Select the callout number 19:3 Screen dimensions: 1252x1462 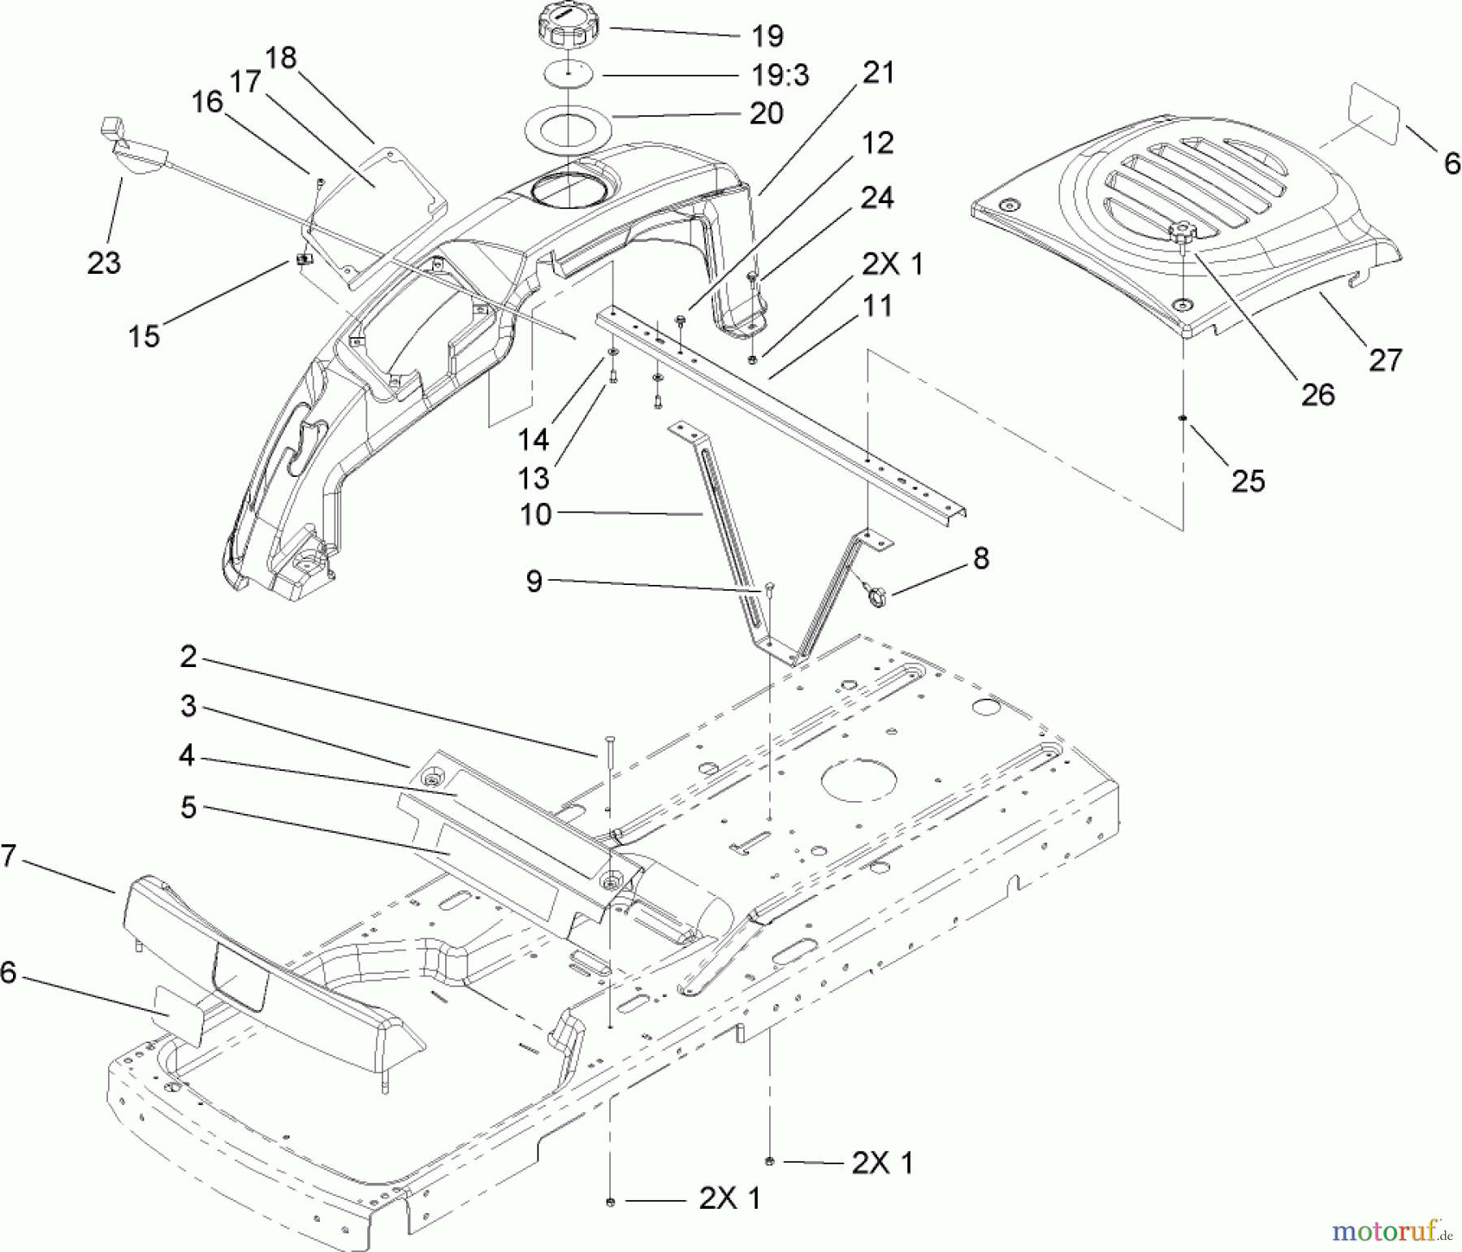[x=781, y=76]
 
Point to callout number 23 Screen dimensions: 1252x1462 [x=104, y=262]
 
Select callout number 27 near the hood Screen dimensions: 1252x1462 [x=1385, y=359]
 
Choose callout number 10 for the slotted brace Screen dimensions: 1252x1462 [x=535, y=514]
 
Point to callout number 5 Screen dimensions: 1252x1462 [x=188, y=808]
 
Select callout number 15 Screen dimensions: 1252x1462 [x=144, y=336]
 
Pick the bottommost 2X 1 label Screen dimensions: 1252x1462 [x=729, y=1198]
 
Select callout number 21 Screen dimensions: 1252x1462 [x=878, y=72]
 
